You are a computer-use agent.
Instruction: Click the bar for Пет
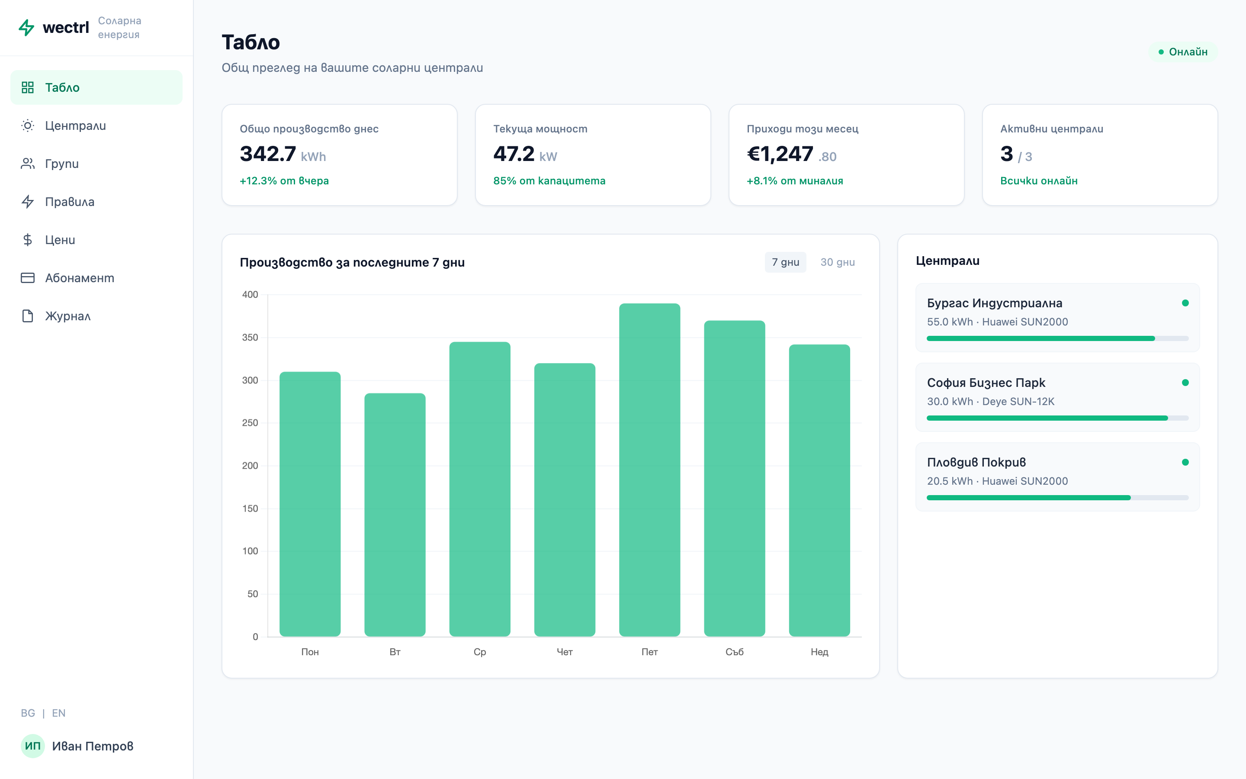click(x=649, y=470)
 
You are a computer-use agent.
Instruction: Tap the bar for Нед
click(x=819, y=490)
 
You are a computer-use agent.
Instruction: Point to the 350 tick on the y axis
click(x=250, y=338)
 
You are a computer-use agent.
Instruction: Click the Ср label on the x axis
click(x=479, y=652)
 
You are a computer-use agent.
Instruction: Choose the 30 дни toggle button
click(x=837, y=262)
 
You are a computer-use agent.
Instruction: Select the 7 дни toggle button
click(x=785, y=262)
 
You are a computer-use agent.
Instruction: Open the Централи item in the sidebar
click(x=75, y=126)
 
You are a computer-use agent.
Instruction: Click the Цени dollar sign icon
click(x=28, y=240)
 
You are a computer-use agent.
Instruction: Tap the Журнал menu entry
click(x=67, y=316)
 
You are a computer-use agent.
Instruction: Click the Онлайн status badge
click(x=1183, y=52)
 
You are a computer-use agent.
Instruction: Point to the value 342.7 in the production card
click(x=268, y=154)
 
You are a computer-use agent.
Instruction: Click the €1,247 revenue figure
click(x=780, y=154)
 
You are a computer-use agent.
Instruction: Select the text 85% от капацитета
click(x=549, y=181)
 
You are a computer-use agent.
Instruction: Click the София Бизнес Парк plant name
click(x=986, y=383)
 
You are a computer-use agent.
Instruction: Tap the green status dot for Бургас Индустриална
click(x=1185, y=303)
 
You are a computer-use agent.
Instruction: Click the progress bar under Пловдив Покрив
click(x=1057, y=498)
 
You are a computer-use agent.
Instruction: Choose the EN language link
click(x=59, y=713)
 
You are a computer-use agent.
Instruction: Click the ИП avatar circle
click(x=32, y=746)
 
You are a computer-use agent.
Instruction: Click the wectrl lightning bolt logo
click(x=26, y=27)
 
